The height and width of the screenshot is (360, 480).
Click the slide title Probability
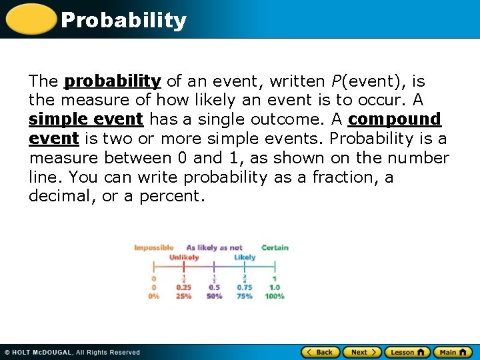(x=123, y=20)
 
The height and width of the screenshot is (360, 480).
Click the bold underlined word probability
(x=112, y=81)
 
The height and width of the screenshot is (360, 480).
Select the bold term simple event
(x=86, y=119)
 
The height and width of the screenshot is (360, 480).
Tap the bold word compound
(x=395, y=119)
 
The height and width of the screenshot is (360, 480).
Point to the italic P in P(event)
(x=335, y=81)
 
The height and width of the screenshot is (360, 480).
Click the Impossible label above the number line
(x=153, y=248)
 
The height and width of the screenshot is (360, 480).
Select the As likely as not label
(x=214, y=248)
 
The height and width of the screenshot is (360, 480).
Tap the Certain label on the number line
(x=275, y=248)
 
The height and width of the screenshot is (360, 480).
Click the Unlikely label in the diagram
(x=183, y=257)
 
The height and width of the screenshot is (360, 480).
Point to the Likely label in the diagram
(x=245, y=257)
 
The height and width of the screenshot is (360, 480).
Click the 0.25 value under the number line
(x=183, y=288)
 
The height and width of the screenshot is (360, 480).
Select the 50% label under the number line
(x=214, y=296)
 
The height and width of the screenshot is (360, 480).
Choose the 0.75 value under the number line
(x=245, y=288)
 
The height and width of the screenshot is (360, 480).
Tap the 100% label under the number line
(x=274, y=296)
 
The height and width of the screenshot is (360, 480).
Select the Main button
(x=453, y=352)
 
